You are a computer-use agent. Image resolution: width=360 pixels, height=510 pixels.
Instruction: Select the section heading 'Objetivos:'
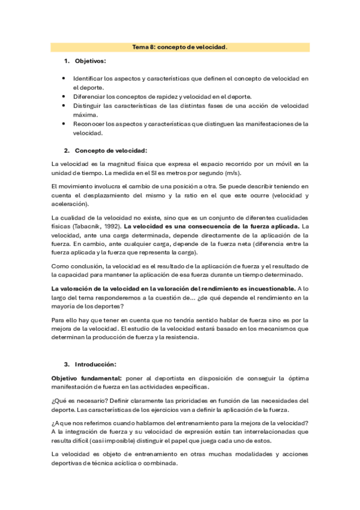(90, 61)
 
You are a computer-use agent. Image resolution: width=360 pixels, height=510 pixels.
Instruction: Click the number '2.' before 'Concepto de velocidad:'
(67, 150)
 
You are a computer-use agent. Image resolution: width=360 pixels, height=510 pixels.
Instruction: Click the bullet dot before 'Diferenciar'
(64, 96)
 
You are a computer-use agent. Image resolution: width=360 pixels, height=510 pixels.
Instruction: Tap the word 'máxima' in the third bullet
(84, 114)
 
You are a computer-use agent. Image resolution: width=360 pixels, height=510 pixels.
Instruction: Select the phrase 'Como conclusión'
(77, 266)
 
